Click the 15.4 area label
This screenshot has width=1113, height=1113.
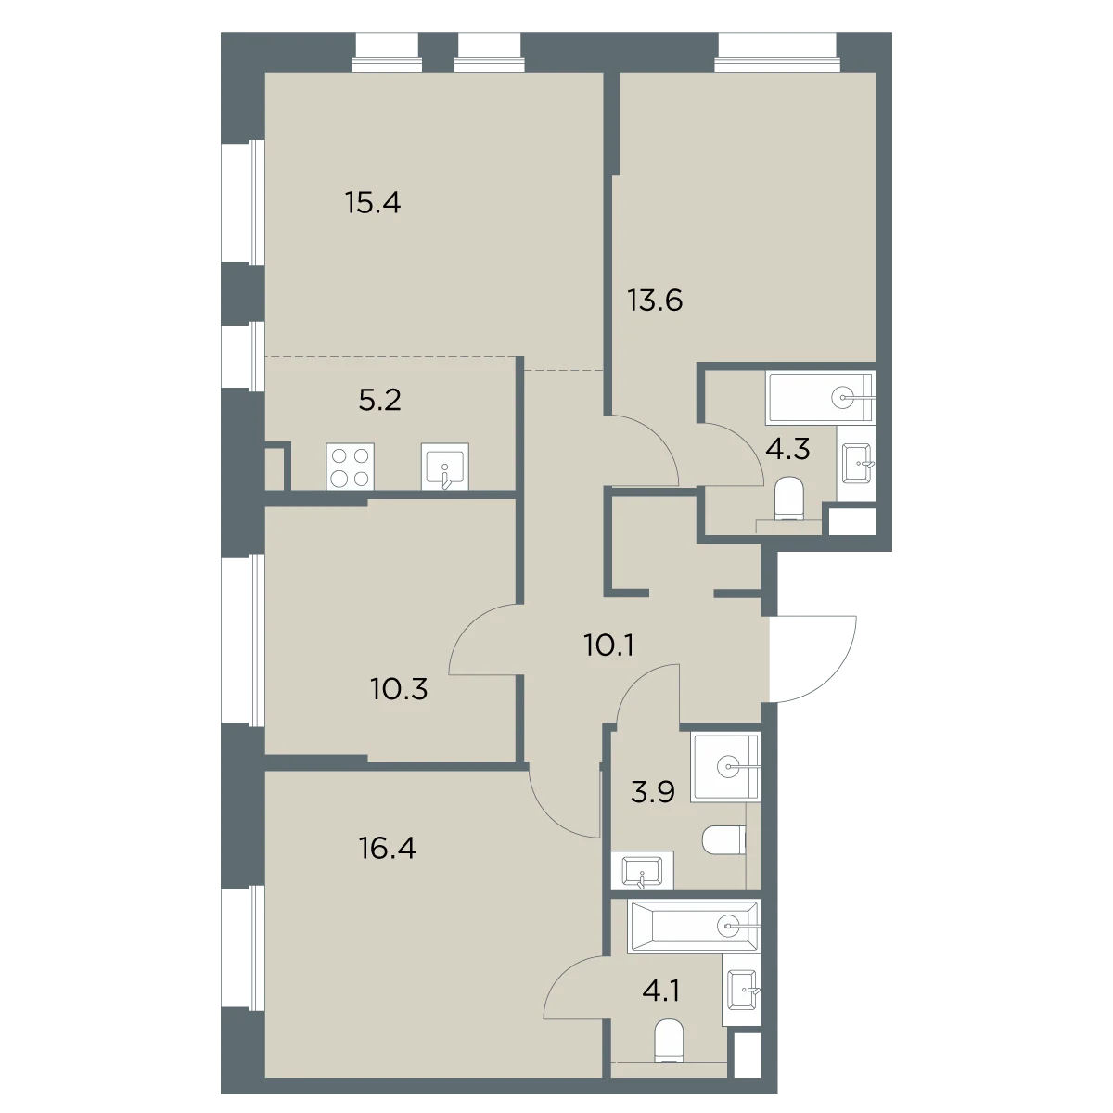[373, 203]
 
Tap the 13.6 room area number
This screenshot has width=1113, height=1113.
[655, 301]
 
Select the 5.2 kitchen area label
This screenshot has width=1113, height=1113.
[379, 400]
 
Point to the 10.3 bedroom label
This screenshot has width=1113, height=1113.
[399, 688]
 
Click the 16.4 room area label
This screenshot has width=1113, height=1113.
[387, 849]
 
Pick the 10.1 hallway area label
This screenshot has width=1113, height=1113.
[609, 646]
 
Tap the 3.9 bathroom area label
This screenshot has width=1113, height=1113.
[653, 792]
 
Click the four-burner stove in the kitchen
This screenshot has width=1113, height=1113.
[350, 467]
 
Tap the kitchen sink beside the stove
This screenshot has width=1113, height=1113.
[445, 467]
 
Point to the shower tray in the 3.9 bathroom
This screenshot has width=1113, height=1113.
[726, 768]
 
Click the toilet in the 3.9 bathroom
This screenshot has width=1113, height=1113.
[724, 840]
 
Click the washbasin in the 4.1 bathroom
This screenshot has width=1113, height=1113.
[742, 990]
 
